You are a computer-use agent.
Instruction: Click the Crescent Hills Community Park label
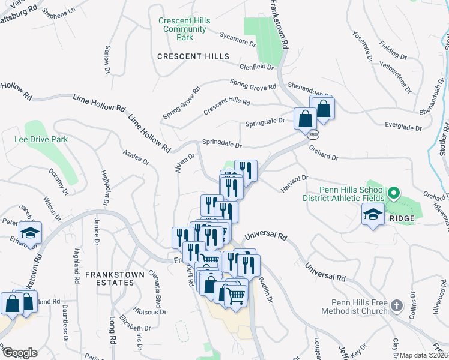click(184, 29)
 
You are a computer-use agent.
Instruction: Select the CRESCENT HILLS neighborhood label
click(193, 56)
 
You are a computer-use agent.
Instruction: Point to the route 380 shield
click(313, 135)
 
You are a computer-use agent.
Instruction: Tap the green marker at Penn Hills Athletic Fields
click(393, 193)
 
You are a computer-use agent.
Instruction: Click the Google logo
click(20, 353)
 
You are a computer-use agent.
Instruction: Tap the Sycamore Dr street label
click(238, 40)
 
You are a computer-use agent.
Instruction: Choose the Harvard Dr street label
click(294, 184)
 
